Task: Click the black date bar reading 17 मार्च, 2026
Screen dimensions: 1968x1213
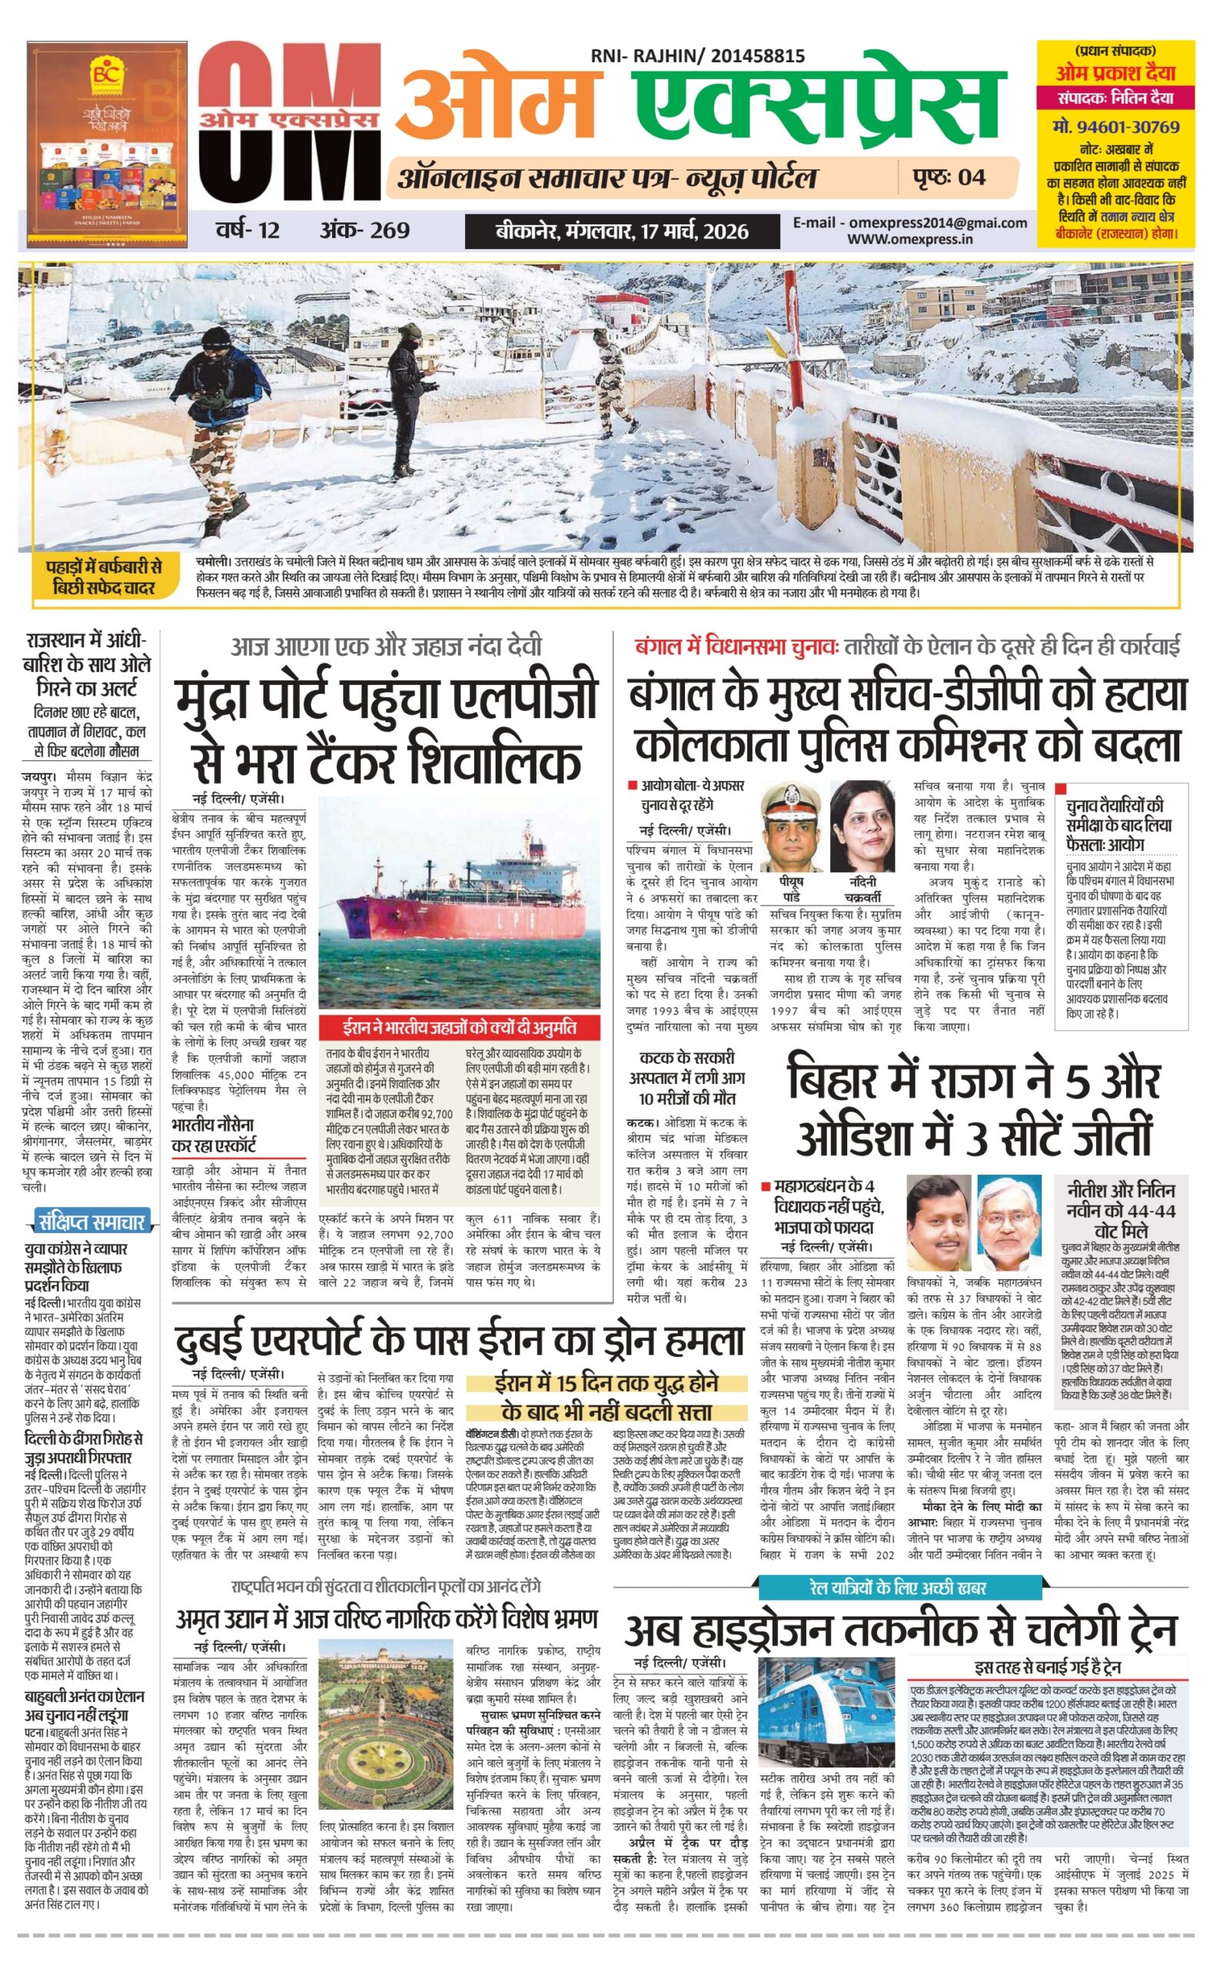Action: pyautogui.click(x=622, y=232)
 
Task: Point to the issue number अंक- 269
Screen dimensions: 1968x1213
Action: pyautogui.click(x=364, y=231)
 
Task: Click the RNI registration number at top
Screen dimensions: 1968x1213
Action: pyautogui.click(x=697, y=56)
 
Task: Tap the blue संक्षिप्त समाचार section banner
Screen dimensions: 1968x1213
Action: pyautogui.click(x=91, y=1222)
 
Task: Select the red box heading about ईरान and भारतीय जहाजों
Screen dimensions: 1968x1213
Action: pyautogui.click(x=460, y=1027)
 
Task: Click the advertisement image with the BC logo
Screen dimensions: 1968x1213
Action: pyautogui.click(x=107, y=143)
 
